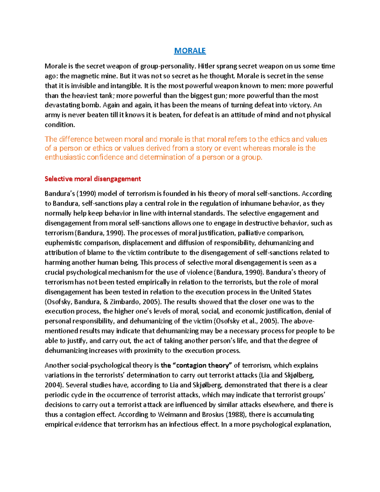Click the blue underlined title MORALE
(x=190, y=51)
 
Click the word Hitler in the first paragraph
(x=206, y=66)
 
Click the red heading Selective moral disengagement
(x=92, y=179)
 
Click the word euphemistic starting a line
(x=63, y=243)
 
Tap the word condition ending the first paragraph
(x=60, y=125)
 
